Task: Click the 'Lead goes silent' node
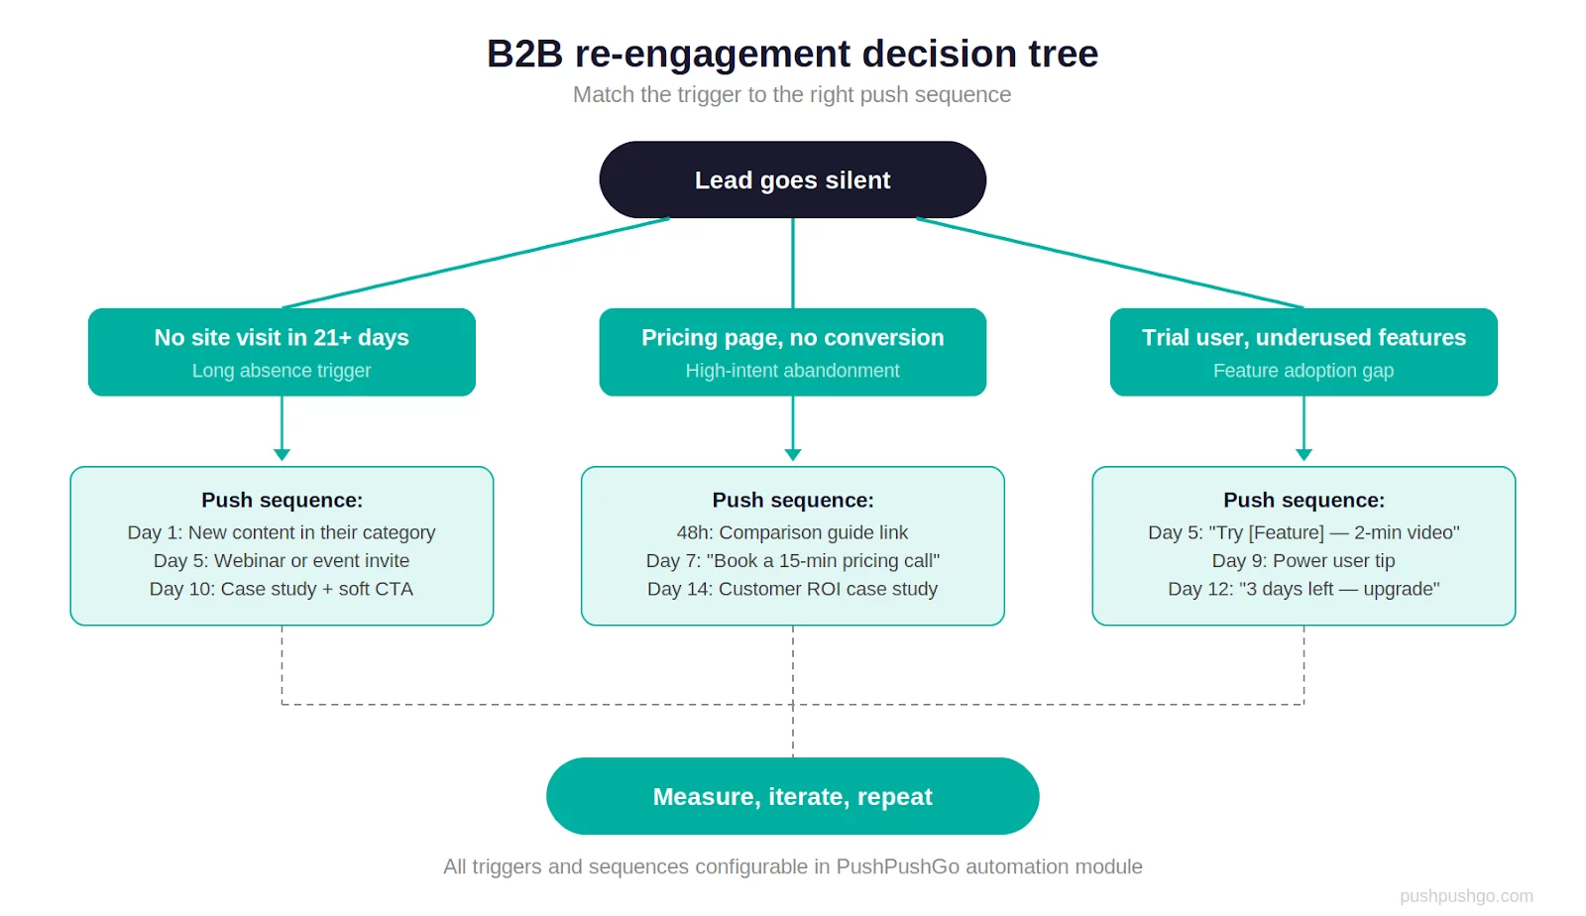pos(792,179)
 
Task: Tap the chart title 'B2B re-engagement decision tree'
pos(792,54)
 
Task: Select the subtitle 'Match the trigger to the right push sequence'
pos(792,94)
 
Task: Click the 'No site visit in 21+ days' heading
pos(282,337)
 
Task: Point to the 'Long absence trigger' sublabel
pos(282,370)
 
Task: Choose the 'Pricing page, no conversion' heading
pos(792,337)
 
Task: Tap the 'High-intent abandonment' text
pos(792,370)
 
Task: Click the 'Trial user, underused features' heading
pos(1303,337)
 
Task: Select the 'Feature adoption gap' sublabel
pos(1303,370)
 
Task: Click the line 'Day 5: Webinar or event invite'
pos(282,560)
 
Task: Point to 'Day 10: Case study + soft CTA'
pos(282,588)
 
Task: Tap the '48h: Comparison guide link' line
pos(792,532)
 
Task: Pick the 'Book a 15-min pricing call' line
pos(792,560)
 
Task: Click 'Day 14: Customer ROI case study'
pos(792,588)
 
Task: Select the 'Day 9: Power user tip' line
pos(1303,560)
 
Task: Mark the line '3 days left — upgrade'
pos(1303,588)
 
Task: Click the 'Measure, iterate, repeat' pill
pos(792,796)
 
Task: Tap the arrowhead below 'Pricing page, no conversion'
pos(792,454)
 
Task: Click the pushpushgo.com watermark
pos(1466,895)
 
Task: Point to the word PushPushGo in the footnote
pos(897,866)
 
